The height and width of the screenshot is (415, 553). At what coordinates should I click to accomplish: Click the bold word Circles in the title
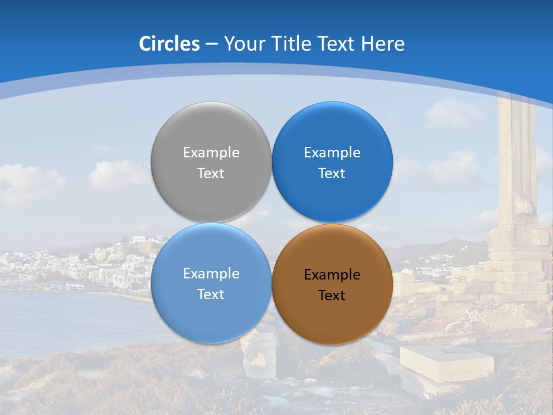(x=169, y=44)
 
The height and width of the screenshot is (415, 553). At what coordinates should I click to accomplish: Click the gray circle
(x=211, y=133)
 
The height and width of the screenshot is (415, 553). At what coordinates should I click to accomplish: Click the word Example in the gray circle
(x=211, y=153)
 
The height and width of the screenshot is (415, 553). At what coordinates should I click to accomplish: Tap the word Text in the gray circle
(x=211, y=173)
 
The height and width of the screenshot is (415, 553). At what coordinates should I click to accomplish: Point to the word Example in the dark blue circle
(x=332, y=153)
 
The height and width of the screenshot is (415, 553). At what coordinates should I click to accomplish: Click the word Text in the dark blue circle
(x=332, y=173)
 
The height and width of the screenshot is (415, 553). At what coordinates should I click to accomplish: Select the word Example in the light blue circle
(x=211, y=274)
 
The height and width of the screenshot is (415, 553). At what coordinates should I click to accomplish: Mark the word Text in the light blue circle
(x=211, y=295)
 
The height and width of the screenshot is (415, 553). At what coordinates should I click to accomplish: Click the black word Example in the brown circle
(x=332, y=275)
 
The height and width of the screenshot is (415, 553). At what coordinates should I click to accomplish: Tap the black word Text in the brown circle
(x=332, y=296)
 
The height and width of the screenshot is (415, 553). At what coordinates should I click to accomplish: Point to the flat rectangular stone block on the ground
(x=446, y=361)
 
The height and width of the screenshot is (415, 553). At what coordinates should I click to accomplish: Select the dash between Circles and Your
(x=211, y=44)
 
